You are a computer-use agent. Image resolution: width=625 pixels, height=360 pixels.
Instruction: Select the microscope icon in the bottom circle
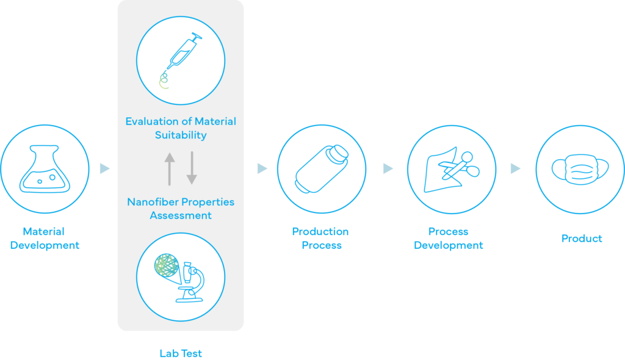[x=190, y=282]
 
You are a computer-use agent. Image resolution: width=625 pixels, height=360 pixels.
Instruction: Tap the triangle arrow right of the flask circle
[x=105, y=168]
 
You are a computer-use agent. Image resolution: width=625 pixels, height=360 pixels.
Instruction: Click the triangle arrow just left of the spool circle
[x=262, y=168]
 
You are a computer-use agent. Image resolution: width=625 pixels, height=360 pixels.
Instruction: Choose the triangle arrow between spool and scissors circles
[x=388, y=168]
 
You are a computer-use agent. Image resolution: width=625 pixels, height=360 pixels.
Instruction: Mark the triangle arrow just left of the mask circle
[x=516, y=168]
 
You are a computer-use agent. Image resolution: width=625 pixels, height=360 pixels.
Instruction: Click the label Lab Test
[x=181, y=353]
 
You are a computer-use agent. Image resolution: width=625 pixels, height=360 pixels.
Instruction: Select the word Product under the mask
[x=581, y=239]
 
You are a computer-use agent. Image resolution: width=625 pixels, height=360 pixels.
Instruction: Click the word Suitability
[x=181, y=135]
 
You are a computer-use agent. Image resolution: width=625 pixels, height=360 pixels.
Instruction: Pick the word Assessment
[x=181, y=215]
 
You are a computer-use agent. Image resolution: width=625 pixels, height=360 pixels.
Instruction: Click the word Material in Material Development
[x=43, y=232]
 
